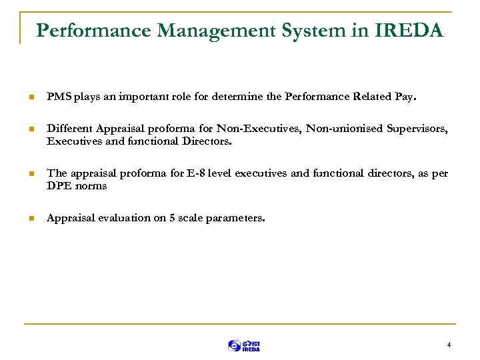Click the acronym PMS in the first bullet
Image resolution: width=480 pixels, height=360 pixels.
(x=57, y=97)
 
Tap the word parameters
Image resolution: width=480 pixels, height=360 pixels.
(x=240, y=218)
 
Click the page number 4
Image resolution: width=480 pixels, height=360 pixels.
(x=449, y=345)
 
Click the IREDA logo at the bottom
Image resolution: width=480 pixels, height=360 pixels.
(x=244, y=345)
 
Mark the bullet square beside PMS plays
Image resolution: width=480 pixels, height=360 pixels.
(x=29, y=97)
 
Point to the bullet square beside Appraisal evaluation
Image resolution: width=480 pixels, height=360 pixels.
(x=29, y=219)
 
